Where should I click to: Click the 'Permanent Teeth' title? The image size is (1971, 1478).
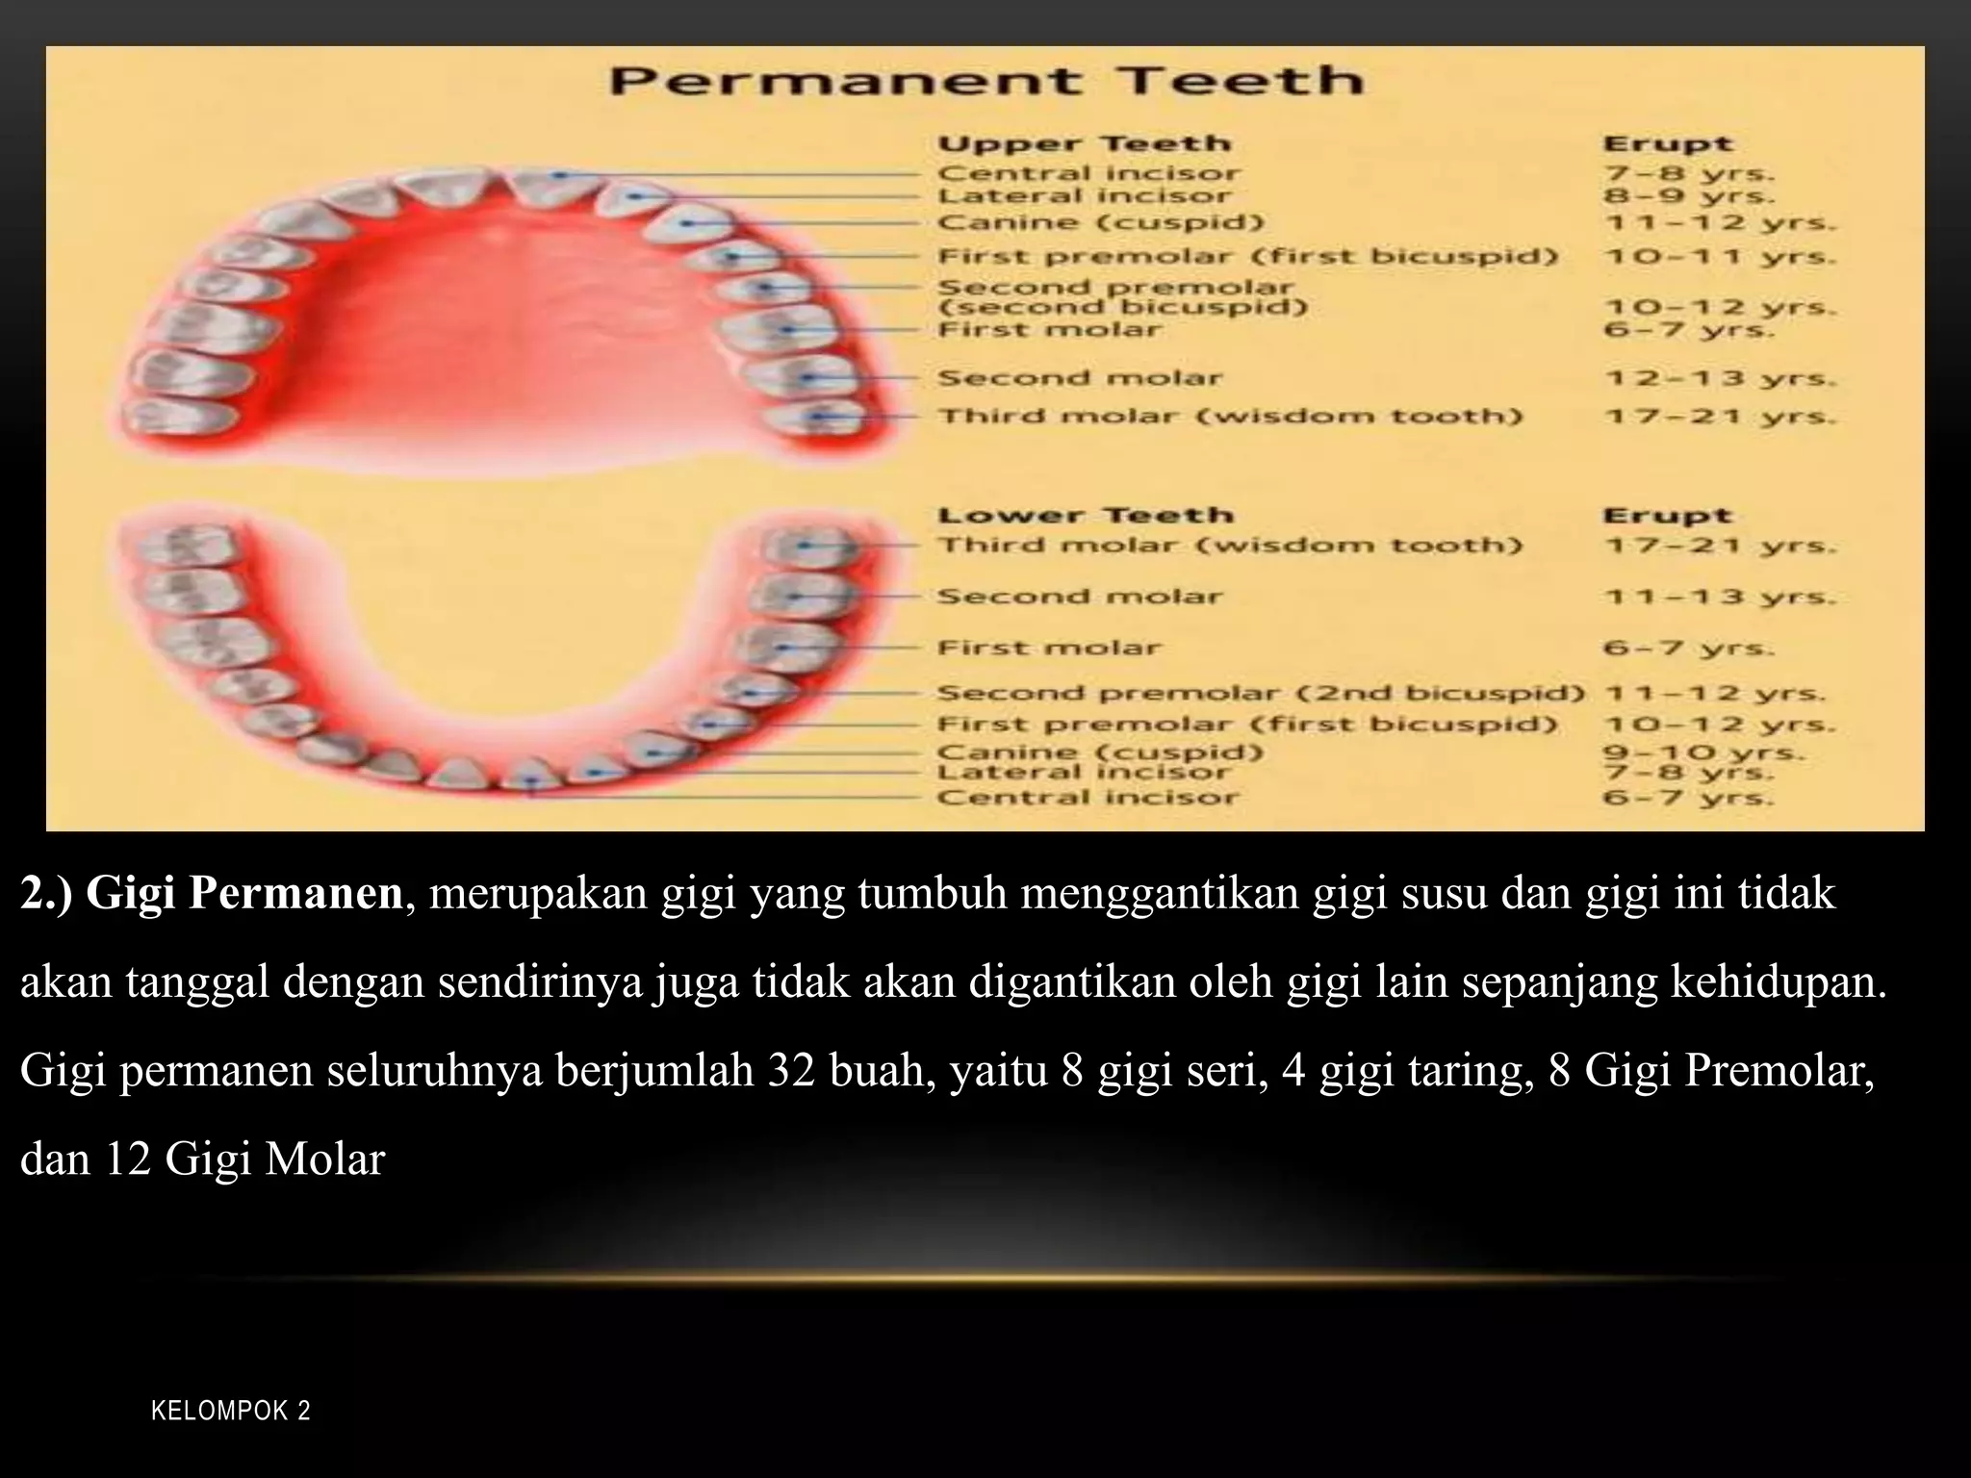(985, 80)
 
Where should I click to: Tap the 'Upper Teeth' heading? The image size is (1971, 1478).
(1084, 144)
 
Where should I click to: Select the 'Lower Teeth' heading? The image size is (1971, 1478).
(1085, 516)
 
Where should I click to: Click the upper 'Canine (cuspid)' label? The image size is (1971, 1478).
(1100, 223)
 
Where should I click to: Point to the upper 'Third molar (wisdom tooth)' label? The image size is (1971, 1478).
(1230, 417)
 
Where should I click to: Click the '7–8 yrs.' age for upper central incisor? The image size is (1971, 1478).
(1688, 174)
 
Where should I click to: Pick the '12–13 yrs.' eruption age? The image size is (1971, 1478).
(1720, 378)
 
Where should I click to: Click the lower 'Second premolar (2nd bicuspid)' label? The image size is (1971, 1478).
(1260, 693)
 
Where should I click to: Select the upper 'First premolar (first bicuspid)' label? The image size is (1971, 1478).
(1247, 257)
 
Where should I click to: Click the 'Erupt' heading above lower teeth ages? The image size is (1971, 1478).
(1667, 516)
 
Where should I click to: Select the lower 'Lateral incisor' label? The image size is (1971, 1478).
(1084, 773)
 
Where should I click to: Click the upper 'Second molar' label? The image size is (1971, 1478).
(1080, 378)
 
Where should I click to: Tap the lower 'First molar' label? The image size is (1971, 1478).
(1049, 648)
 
